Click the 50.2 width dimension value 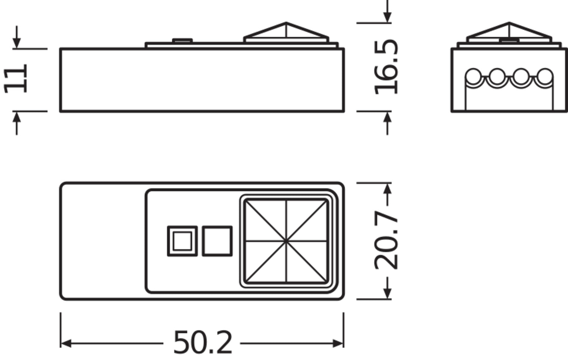click(x=203, y=342)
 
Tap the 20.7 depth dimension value click(x=386, y=240)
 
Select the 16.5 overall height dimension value click(x=386, y=67)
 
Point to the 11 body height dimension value click(x=16, y=78)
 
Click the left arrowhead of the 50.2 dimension click(x=66, y=343)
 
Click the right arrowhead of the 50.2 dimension click(x=338, y=343)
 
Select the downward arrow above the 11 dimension click(x=17, y=37)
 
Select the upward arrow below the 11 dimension click(x=17, y=123)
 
